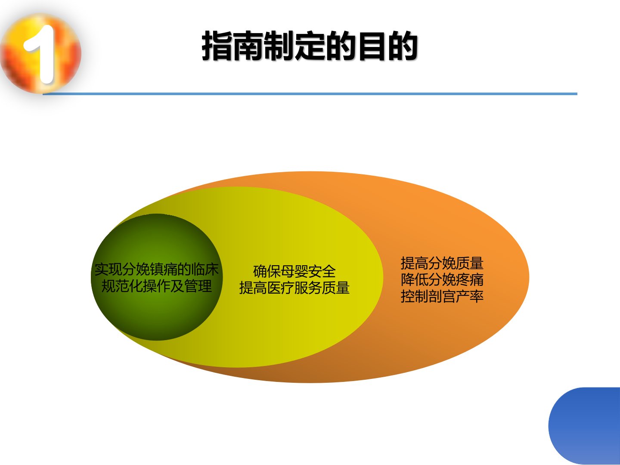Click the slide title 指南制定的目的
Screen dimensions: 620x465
[x=310, y=46]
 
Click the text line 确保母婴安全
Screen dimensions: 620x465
[x=294, y=272]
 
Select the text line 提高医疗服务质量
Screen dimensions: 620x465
[x=294, y=288]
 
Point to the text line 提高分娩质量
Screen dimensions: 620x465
[x=442, y=263]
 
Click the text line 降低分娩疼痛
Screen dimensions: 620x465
[x=442, y=280]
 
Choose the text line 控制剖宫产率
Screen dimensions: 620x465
[x=442, y=296]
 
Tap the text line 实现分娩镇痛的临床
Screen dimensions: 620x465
[x=156, y=270]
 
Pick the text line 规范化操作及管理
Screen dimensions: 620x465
[x=156, y=286]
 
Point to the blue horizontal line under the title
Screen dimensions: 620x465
[x=310, y=94]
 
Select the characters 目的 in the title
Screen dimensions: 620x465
[x=387, y=46]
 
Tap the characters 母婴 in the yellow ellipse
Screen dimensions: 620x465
[x=294, y=272]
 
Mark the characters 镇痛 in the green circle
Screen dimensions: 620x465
[x=163, y=270]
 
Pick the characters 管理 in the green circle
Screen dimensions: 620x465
[x=198, y=286]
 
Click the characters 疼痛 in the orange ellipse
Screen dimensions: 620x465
[x=470, y=280]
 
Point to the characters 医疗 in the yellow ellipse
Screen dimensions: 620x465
[x=280, y=288]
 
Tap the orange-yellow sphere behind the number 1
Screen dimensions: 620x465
[x=41, y=54]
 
